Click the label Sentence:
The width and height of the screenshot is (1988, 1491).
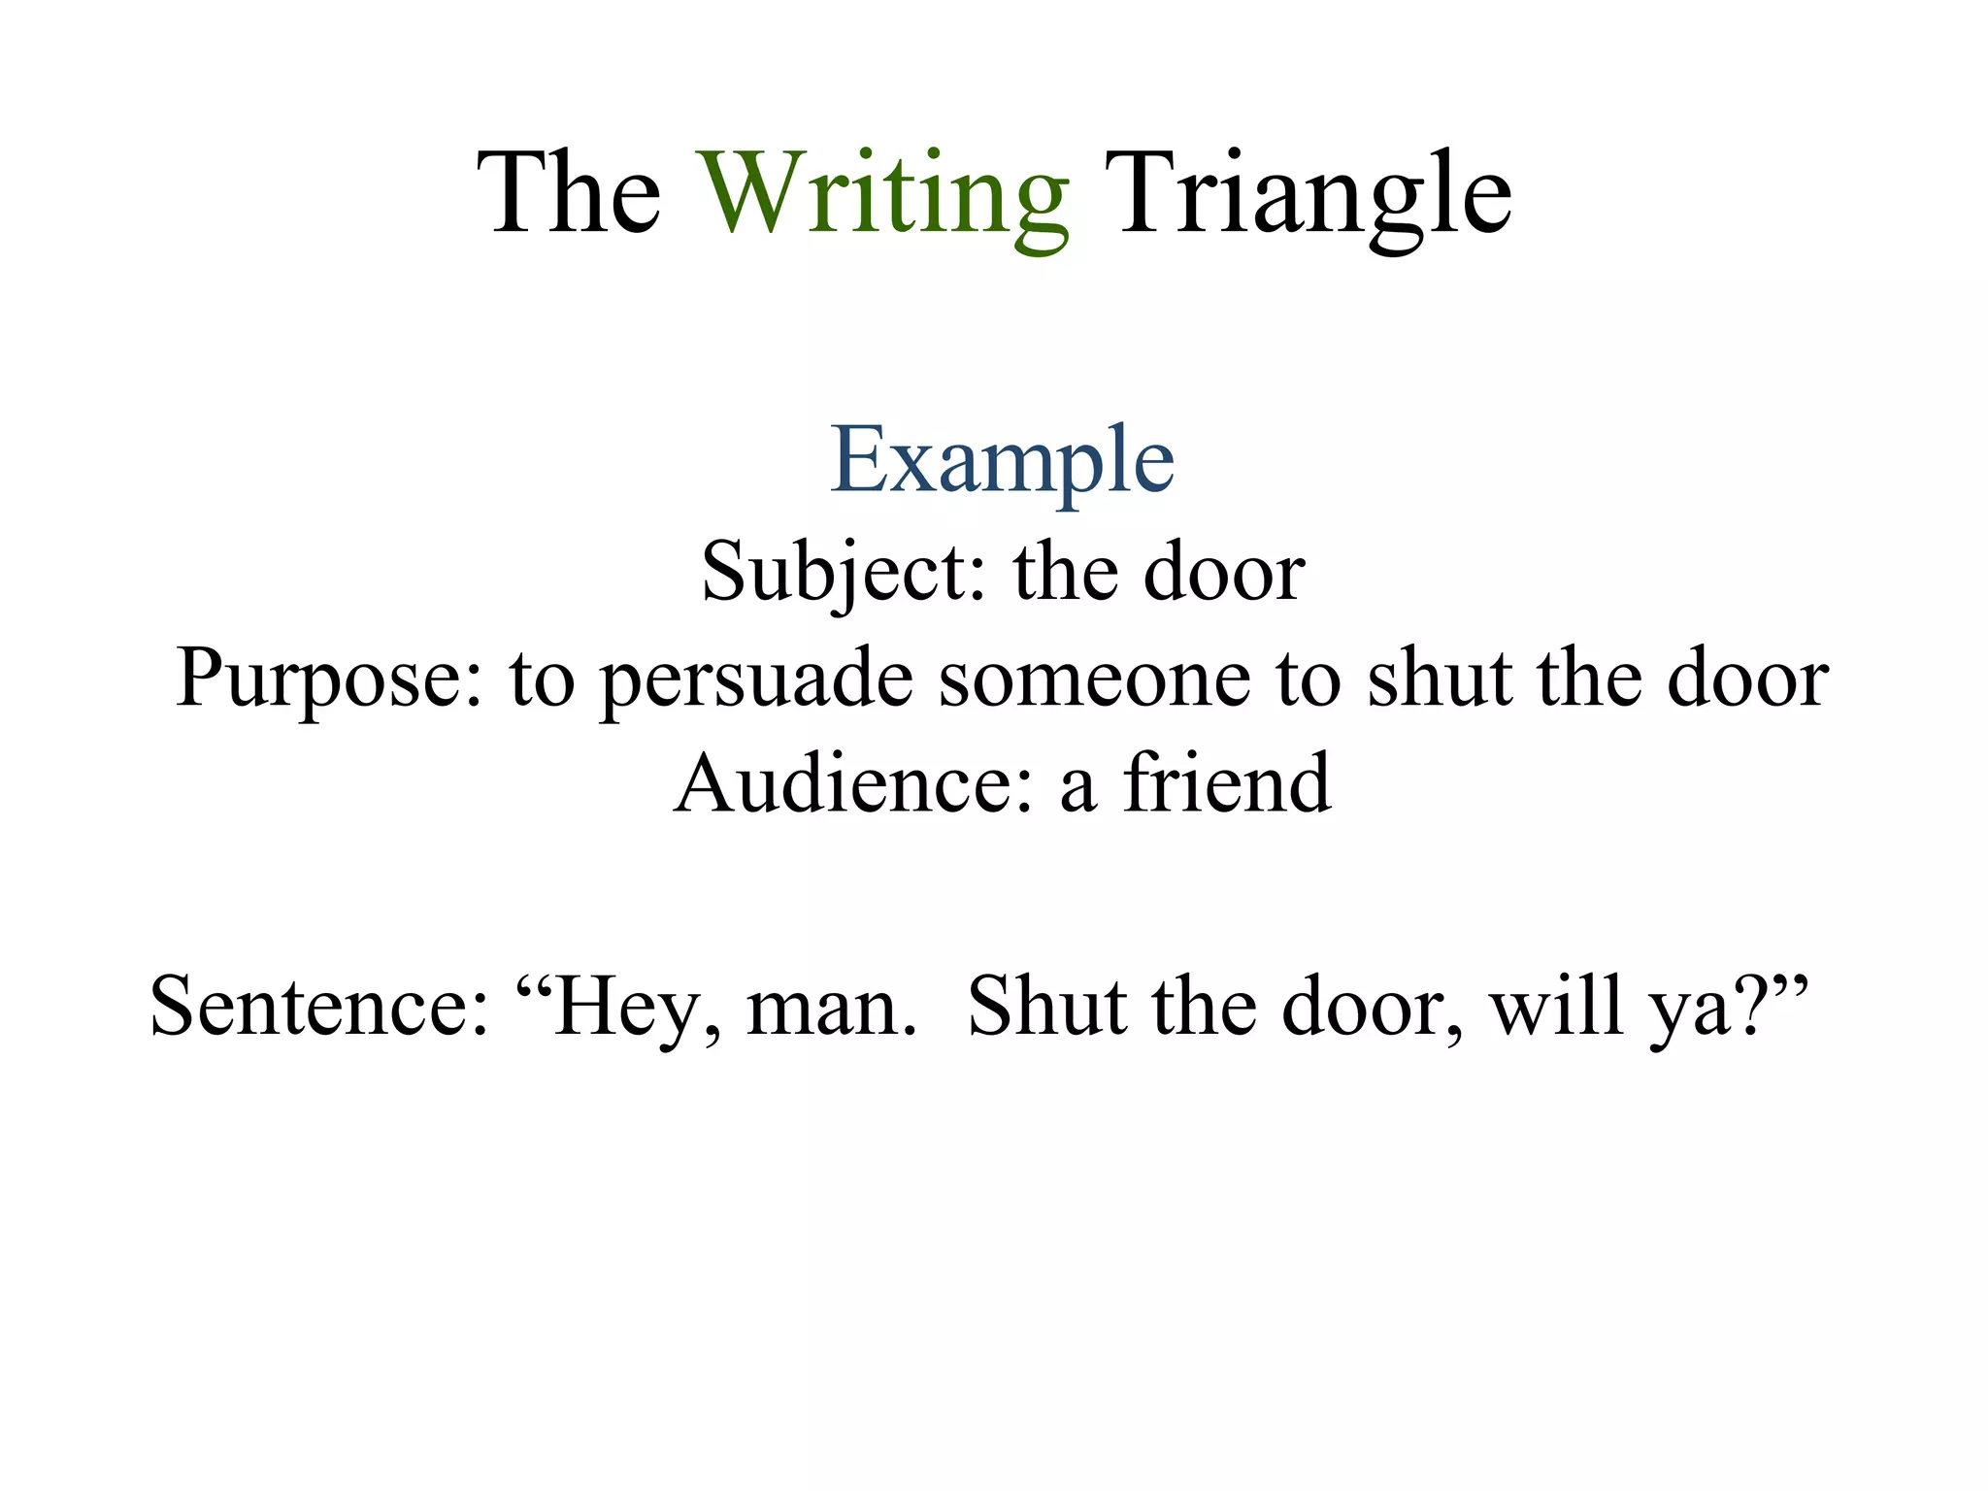click(x=319, y=1008)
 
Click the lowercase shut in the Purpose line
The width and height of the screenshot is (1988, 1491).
click(x=1438, y=679)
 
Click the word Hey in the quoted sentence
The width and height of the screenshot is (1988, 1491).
click(x=623, y=1008)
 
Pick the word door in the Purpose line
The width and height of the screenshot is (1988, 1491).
click(x=1747, y=679)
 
